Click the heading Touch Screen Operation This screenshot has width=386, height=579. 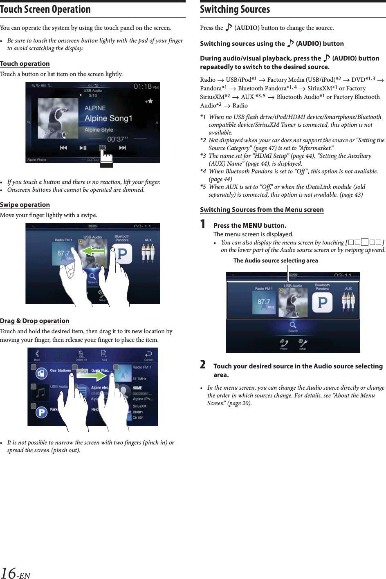pyautogui.click(x=45, y=9)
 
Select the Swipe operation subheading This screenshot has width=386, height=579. pyautogui.click(x=25, y=205)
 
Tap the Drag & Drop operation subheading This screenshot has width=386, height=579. pyautogui.click(x=35, y=321)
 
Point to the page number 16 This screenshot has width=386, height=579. pyautogui.click(x=9, y=572)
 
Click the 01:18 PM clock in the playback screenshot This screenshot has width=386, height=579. pyautogui.click(x=146, y=87)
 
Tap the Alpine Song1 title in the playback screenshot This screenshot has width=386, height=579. pyautogui.click(x=108, y=119)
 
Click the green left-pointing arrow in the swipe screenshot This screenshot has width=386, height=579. pyautogui.click(x=93, y=251)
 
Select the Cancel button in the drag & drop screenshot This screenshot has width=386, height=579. pyautogui.click(x=148, y=355)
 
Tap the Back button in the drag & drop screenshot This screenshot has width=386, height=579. pyautogui.click(x=37, y=355)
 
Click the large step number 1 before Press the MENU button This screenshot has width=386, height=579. pyautogui.click(x=203, y=224)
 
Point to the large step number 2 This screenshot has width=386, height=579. pyautogui.click(x=203, y=364)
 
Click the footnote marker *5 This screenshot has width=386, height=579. pyautogui.click(x=203, y=187)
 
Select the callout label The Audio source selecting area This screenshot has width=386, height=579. pyautogui.click(x=276, y=260)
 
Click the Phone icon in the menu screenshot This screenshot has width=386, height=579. pyautogui.click(x=284, y=343)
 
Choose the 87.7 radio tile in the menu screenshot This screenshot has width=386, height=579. pyautogui.click(x=264, y=302)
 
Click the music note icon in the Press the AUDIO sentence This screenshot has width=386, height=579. pyautogui.click(x=229, y=27)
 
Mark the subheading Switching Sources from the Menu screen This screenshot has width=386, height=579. pyautogui.click(x=262, y=210)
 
